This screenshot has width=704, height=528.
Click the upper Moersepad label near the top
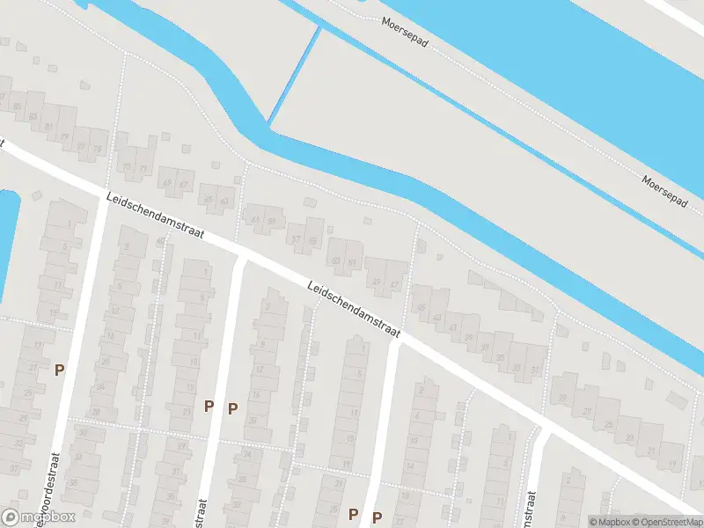click(x=405, y=32)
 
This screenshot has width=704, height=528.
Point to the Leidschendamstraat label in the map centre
click(x=354, y=309)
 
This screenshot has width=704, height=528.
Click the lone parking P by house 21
click(x=59, y=370)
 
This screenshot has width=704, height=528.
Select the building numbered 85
click(x=18, y=106)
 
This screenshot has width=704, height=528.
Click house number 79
click(x=63, y=137)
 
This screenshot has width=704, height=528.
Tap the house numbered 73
click(x=127, y=167)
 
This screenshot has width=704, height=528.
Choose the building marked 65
click(x=209, y=200)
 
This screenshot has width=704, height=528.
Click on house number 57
click(x=296, y=239)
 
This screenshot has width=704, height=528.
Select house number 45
click(x=422, y=307)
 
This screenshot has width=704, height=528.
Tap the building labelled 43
click(x=453, y=327)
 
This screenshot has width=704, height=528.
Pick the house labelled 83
click(x=33, y=116)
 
